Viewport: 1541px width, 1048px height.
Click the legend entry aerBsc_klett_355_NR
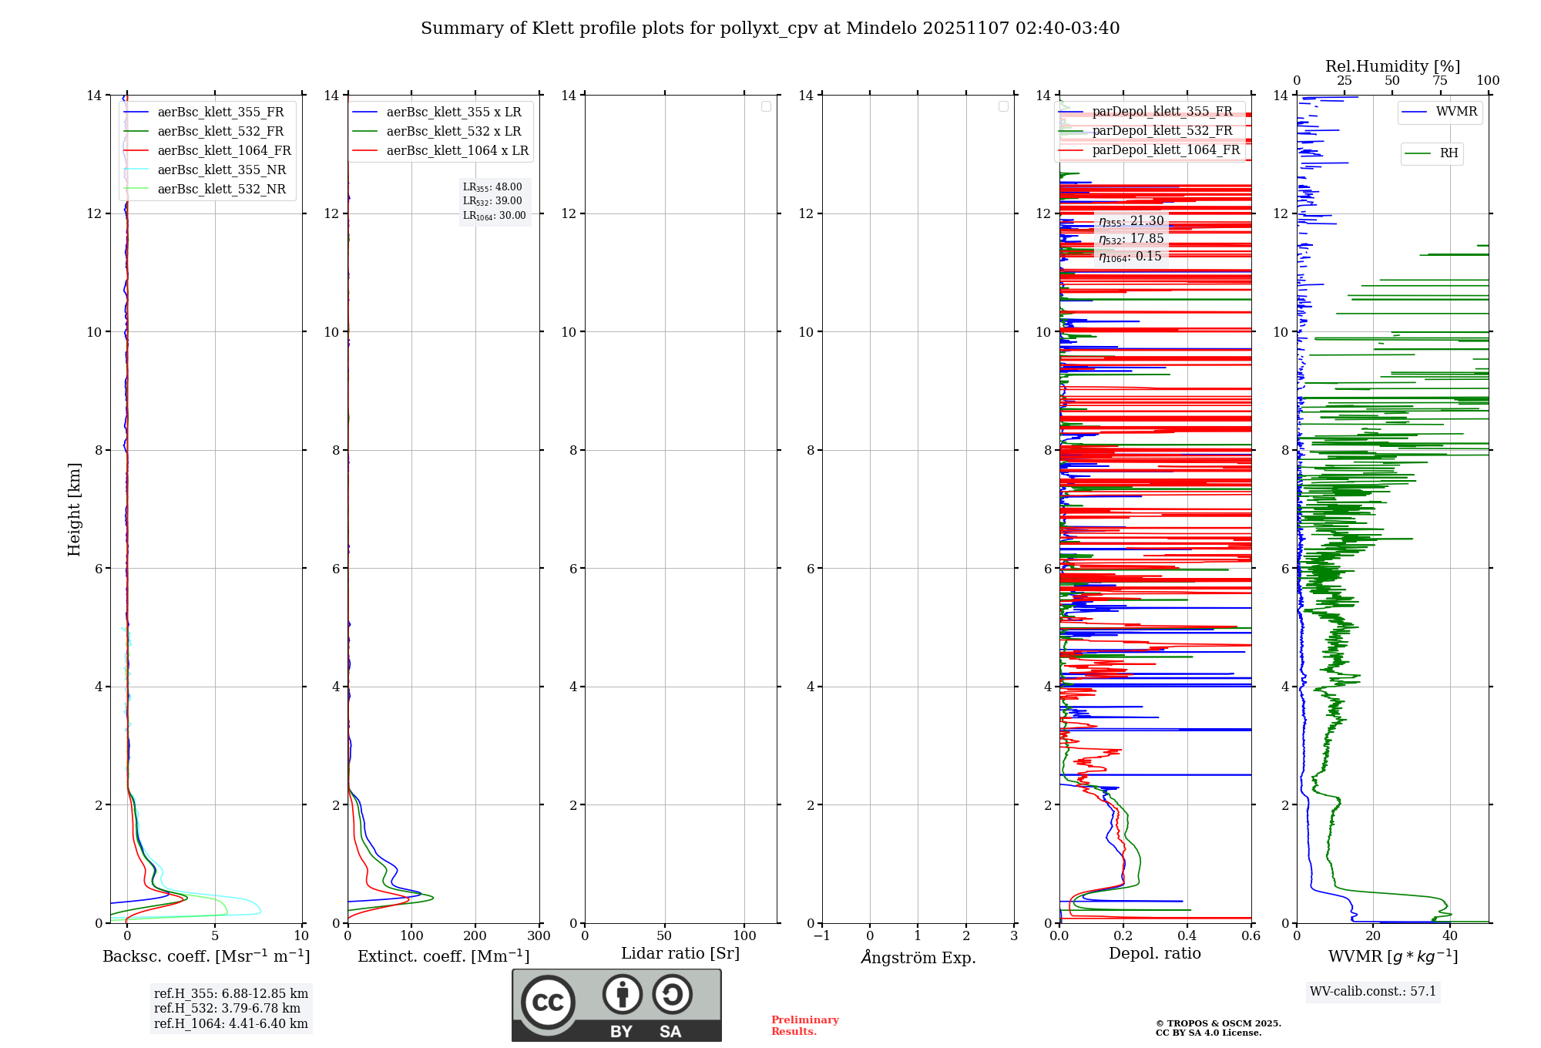coord(221,170)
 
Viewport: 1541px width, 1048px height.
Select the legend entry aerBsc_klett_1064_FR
coord(223,151)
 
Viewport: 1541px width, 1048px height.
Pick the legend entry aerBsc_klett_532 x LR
coord(453,132)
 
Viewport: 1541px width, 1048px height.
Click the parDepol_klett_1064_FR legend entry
coord(1165,150)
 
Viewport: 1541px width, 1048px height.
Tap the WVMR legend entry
coord(1455,112)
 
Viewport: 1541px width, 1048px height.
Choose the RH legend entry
coord(1449,153)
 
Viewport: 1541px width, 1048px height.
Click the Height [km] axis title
coord(74,509)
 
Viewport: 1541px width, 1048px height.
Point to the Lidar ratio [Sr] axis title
coord(680,954)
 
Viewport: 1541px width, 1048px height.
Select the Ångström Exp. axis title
coord(918,958)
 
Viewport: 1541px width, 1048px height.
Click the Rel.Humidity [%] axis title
coord(1392,66)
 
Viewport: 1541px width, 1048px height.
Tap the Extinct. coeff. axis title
coord(443,956)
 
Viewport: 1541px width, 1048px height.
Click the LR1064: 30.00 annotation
coord(494,216)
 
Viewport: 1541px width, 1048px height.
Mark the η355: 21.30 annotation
coord(1131,221)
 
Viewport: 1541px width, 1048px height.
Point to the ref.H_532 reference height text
coord(227,1009)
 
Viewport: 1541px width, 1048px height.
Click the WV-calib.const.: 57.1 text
coord(1373,992)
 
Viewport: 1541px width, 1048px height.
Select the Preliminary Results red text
coord(804,1026)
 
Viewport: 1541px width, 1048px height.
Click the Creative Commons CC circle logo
coord(548,1003)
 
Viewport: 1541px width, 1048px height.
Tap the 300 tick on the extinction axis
coord(539,936)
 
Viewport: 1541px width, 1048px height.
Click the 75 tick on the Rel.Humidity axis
coord(1439,81)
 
